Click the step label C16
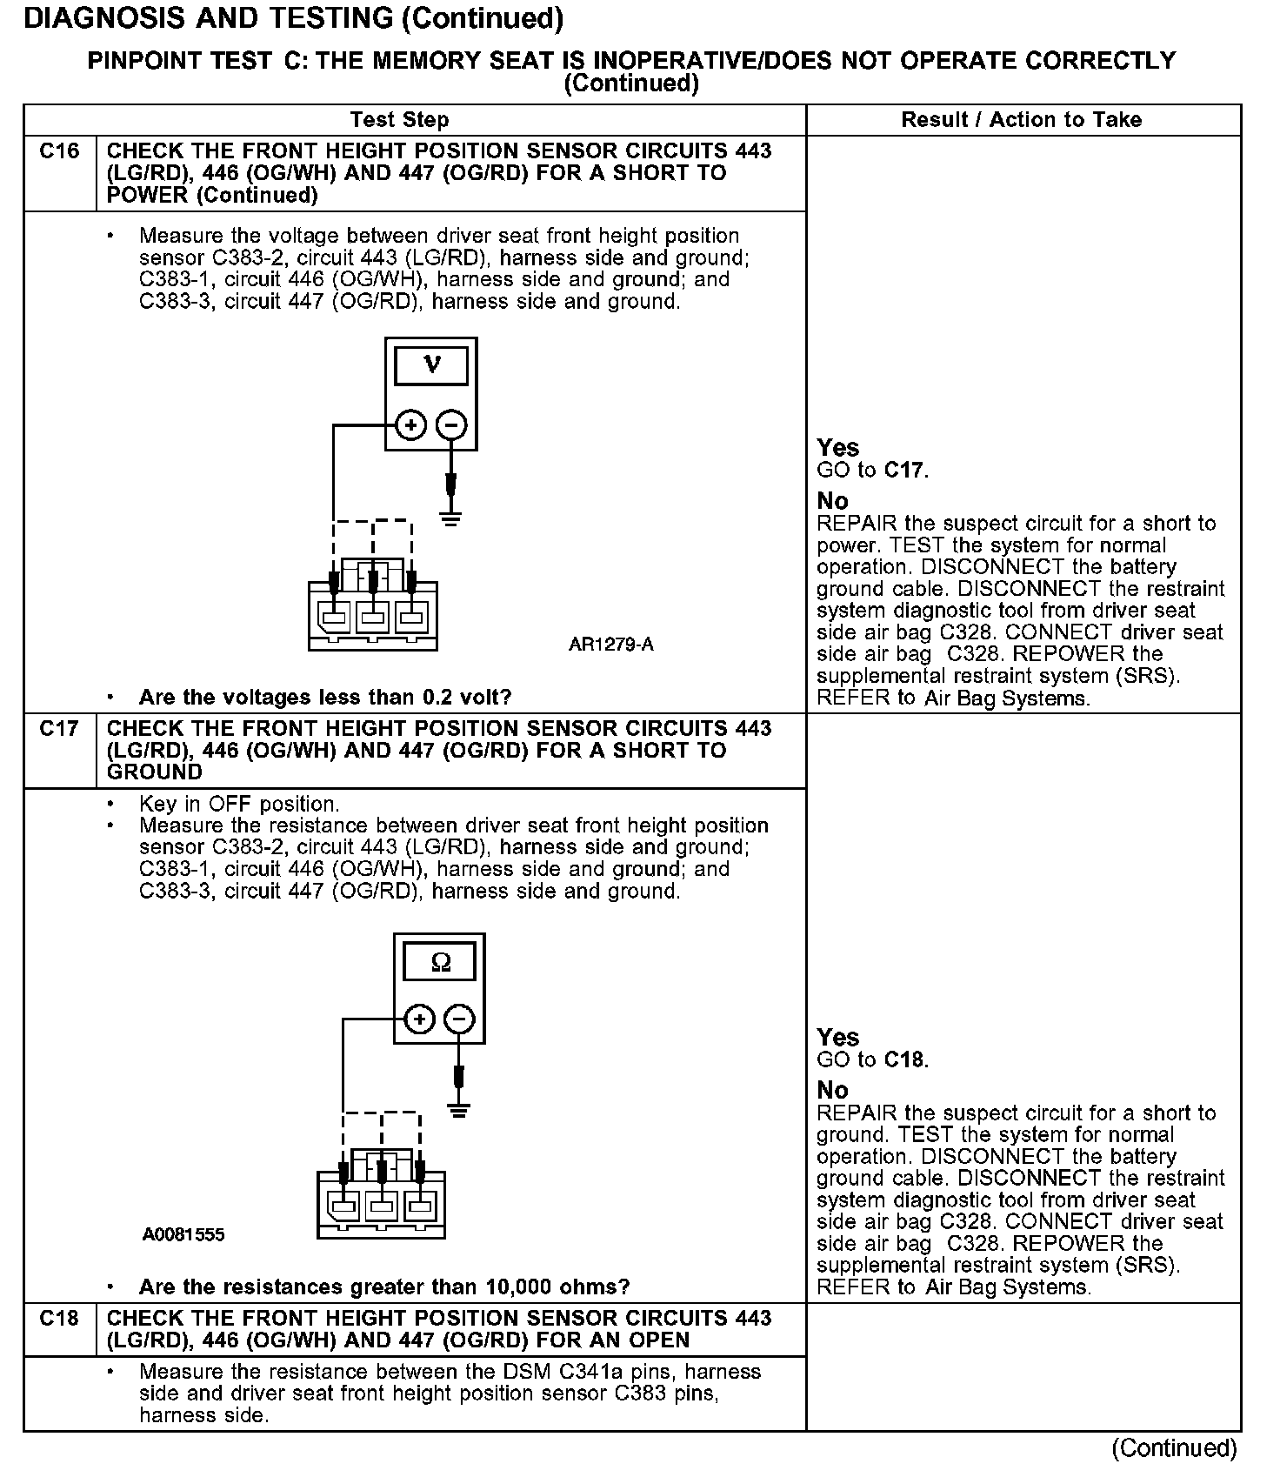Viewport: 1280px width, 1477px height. click(x=59, y=151)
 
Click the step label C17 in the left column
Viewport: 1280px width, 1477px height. click(x=59, y=729)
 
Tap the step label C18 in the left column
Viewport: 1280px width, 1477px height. click(x=59, y=1319)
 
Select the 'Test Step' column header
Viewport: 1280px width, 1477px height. click(x=399, y=120)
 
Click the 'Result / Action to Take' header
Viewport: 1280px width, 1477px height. click(x=1022, y=120)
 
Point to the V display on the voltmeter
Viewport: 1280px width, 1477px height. click(x=431, y=365)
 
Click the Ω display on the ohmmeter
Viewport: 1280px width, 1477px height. click(x=440, y=962)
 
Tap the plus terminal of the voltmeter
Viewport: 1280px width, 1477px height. click(x=410, y=425)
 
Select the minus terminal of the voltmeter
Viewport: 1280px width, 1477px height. click(x=450, y=425)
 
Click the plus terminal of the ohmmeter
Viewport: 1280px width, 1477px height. click(x=419, y=1019)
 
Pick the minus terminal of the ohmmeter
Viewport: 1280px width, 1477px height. click(x=459, y=1019)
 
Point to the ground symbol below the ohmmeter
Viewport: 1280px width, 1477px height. click(x=459, y=1110)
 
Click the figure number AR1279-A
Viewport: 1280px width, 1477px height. click(x=610, y=645)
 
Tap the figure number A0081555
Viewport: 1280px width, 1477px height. click(x=184, y=1234)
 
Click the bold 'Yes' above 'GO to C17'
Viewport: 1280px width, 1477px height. click(x=838, y=448)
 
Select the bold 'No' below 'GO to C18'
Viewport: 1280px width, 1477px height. click(x=832, y=1090)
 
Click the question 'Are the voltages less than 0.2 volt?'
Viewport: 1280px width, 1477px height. click(x=325, y=697)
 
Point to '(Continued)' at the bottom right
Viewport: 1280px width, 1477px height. click(x=1174, y=1448)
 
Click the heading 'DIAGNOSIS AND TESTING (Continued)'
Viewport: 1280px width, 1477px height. click(x=293, y=18)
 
